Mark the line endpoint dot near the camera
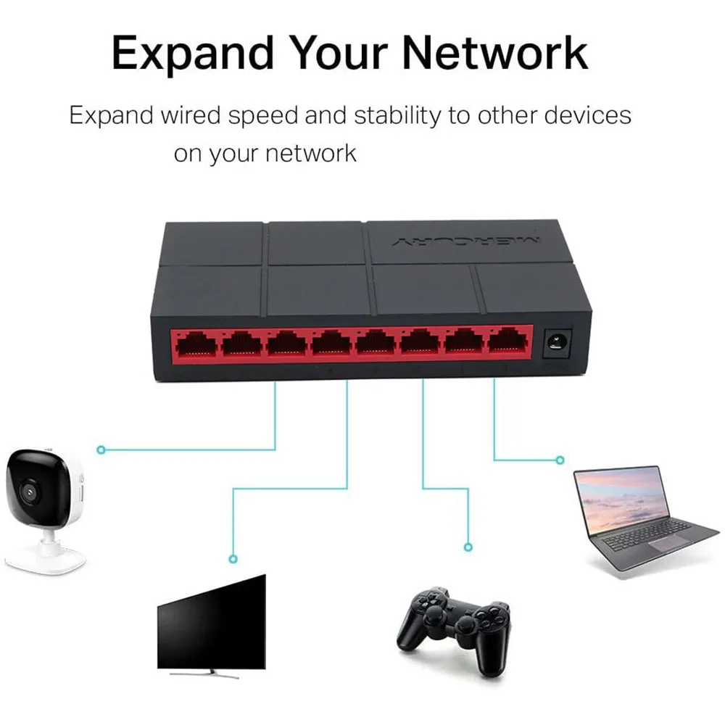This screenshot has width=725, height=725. (101, 450)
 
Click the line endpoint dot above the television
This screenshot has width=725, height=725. (233, 559)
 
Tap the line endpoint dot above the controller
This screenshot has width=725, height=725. (468, 547)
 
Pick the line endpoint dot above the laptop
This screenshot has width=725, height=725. (560, 460)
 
